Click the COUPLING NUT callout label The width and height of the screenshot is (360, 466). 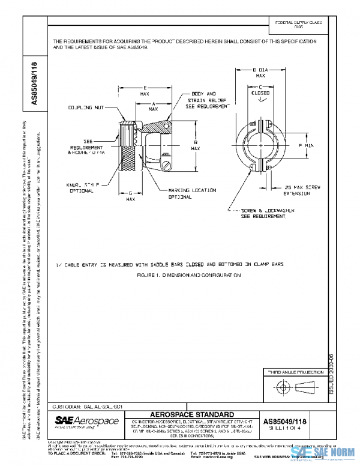click(85, 107)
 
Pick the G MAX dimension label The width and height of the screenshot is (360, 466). click(131, 196)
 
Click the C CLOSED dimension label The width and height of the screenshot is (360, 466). click(260, 91)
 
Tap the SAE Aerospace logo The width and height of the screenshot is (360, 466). click(86, 422)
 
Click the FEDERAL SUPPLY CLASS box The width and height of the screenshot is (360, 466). click(298, 24)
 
